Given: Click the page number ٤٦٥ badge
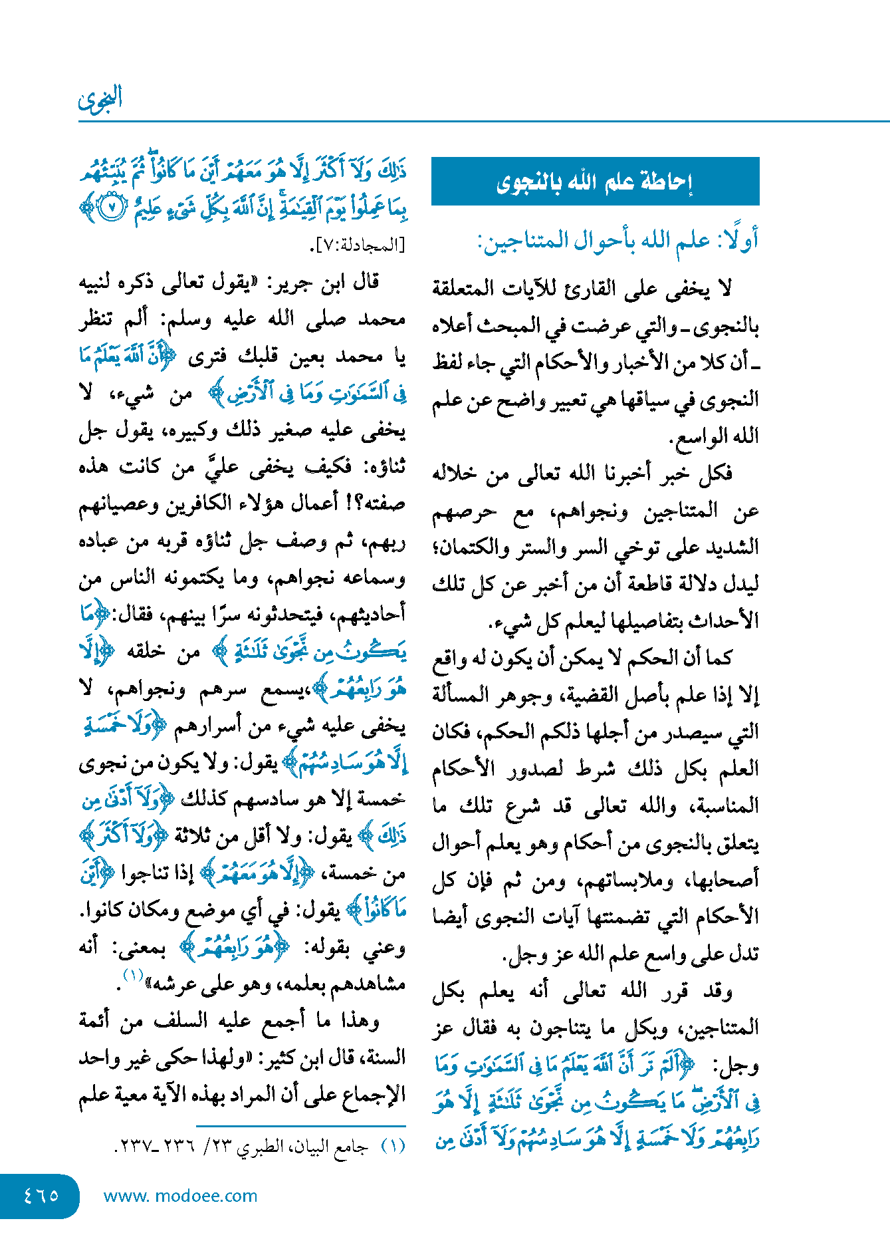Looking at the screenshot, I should [41, 1195].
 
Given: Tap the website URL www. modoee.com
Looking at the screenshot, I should [180, 1196].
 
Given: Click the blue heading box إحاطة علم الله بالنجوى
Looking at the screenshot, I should [595, 181].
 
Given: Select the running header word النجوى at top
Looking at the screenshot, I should [100, 99].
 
